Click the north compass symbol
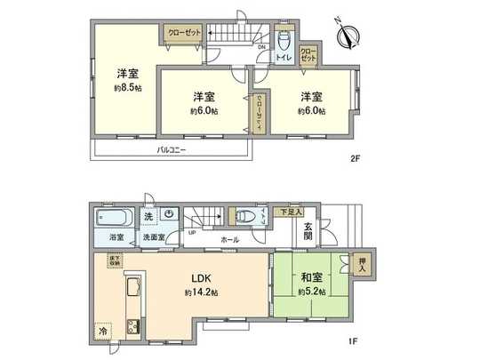(348, 36)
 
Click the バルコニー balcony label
(171, 150)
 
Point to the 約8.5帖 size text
(126, 89)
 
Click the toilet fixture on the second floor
(284, 42)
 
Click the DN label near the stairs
(262, 47)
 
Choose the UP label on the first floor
(192, 233)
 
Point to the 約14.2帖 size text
(201, 292)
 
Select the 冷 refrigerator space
(103, 328)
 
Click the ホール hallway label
(230, 240)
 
